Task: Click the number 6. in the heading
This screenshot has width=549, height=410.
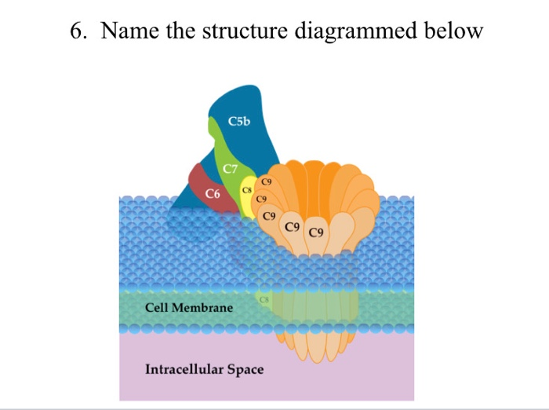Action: (x=78, y=32)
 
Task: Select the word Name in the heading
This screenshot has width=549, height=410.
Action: (x=128, y=32)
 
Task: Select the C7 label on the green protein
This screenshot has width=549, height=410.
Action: (x=230, y=169)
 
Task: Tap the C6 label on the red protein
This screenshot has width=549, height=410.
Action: (x=213, y=193)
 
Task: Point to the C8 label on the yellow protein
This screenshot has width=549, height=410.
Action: (x=246, y=191)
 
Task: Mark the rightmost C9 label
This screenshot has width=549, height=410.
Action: (x=317, y=232)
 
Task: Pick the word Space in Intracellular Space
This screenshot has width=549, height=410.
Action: (x=245, y=369)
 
